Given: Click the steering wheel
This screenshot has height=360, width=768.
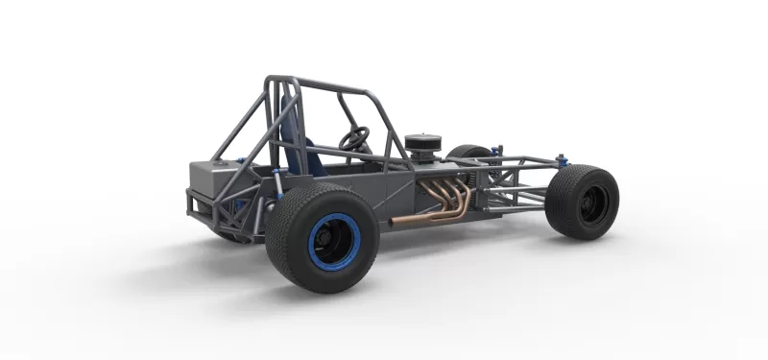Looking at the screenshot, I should [x=354, y=139].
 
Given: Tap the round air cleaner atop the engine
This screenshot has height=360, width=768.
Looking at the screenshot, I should [x=422, y=145].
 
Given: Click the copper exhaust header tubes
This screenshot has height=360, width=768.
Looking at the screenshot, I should [x=451, y=197].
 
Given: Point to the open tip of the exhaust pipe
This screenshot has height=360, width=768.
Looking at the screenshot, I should [x=392, y=224].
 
